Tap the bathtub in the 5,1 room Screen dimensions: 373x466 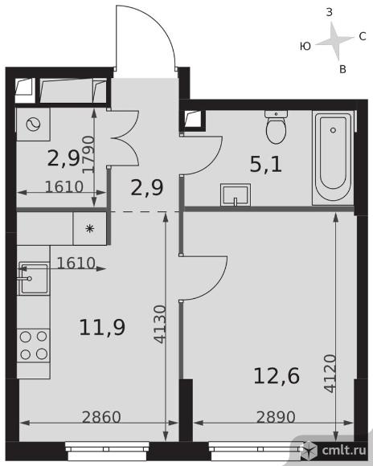[333, 157]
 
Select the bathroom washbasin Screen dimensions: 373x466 [236, 195]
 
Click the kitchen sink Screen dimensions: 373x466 [33, 279]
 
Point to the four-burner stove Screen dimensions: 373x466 [33, 345]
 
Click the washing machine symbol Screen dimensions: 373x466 [33, 125]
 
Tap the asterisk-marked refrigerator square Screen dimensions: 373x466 [89, 228]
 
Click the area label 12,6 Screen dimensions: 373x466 [277, 376]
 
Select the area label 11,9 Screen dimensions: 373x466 [102, 327]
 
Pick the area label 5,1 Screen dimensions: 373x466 [265, 165]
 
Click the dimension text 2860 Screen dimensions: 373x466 [101, 417]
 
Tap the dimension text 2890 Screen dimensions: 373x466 [276, 417]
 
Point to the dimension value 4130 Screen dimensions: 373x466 [160, 325]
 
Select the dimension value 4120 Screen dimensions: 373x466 [330, 374]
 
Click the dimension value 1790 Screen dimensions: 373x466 [88, 154]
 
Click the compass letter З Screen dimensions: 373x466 [330, 13]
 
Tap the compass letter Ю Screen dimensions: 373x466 [305, 46]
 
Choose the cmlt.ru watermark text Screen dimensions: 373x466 [344, 450]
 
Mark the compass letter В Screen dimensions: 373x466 [342, 69]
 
